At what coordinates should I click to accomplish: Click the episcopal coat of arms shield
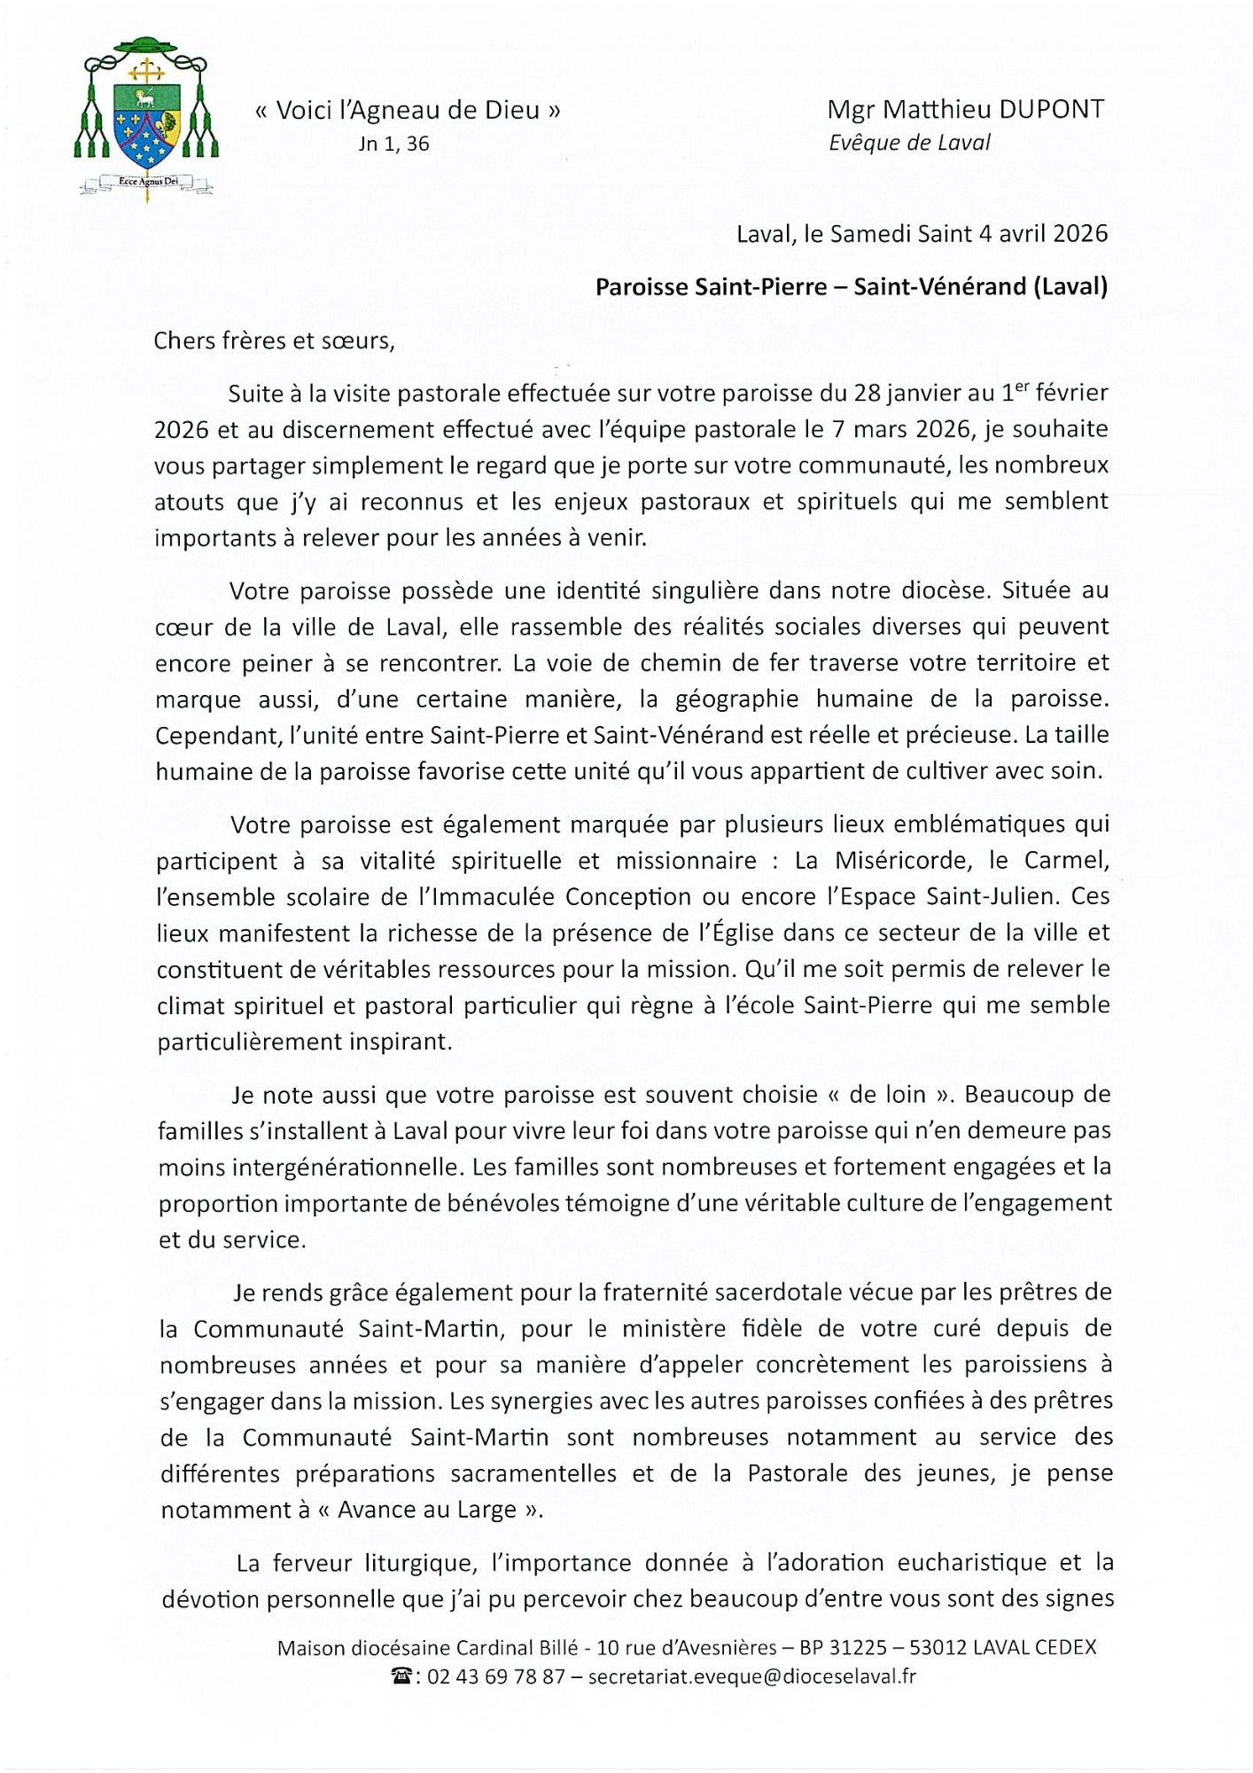point(147,125)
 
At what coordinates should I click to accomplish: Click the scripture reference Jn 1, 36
point(393,144)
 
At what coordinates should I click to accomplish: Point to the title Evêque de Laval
point(909,143)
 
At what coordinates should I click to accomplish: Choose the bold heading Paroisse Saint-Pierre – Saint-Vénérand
point(851,287)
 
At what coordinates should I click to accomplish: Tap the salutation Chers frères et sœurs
point(274,341)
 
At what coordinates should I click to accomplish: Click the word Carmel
point(1066,861)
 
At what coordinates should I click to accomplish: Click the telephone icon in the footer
point(402,1676)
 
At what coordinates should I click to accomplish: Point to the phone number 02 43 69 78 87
point(496,1676)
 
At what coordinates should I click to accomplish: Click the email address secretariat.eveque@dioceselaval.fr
point(751,1676)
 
